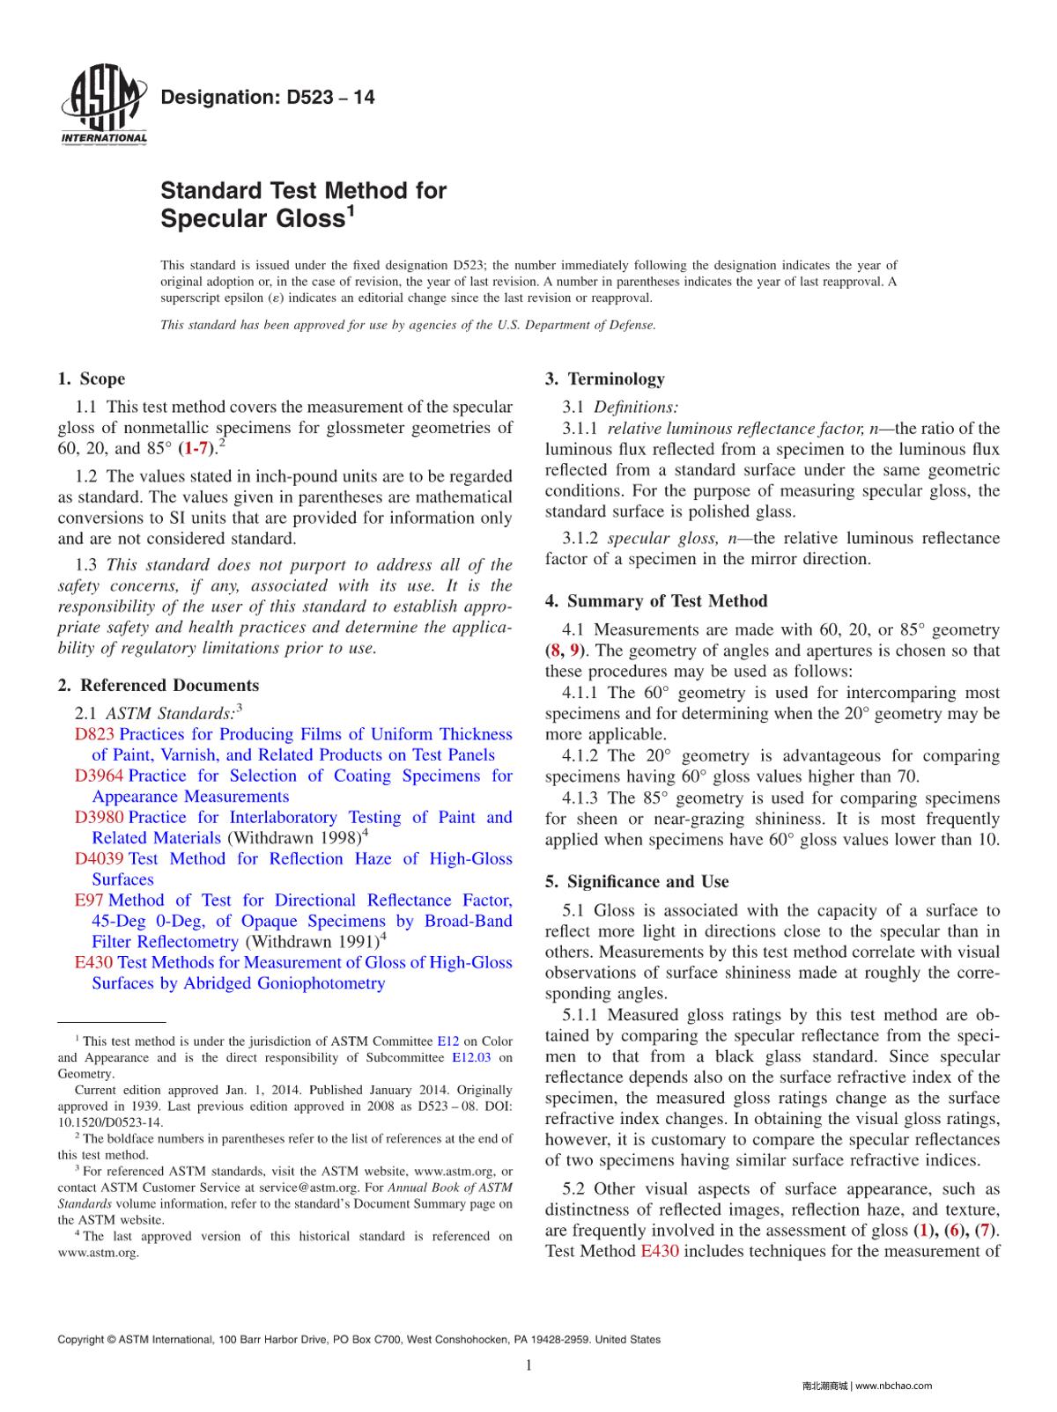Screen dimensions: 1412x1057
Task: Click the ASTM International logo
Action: point(103,107)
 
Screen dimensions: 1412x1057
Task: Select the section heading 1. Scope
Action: point(92,379)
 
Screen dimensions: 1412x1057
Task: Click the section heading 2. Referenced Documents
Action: point(159,685)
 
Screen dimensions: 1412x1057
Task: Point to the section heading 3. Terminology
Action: point(605,379)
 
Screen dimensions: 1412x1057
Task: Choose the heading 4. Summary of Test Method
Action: point(656,601)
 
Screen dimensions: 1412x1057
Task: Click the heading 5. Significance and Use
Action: point(637,882)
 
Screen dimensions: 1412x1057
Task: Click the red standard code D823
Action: point(95,734)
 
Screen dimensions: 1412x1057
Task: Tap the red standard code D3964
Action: point(100,776)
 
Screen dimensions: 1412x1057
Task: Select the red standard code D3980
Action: point(100,817)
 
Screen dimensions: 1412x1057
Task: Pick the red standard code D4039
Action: point(100,858)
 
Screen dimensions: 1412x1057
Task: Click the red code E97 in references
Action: point(89,900)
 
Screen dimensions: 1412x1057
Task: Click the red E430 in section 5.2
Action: point(659,1251)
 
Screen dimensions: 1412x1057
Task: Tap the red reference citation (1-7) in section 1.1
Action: point(196,449)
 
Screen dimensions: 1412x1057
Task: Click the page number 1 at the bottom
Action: point(528,1365)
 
